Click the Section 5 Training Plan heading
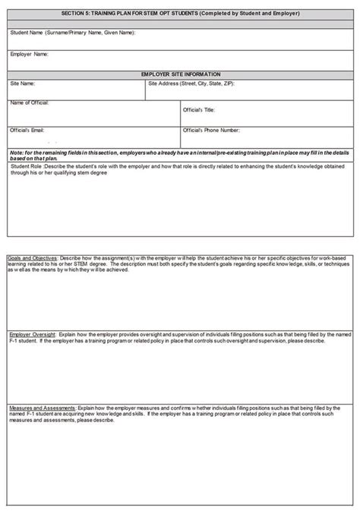180,14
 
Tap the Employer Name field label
30,55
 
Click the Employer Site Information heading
180,74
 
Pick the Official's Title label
200,110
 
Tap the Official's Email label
27,130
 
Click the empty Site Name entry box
76,93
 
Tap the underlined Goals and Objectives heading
31,257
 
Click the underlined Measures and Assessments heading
41,408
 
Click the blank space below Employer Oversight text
180,372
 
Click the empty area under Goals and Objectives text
180,300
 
